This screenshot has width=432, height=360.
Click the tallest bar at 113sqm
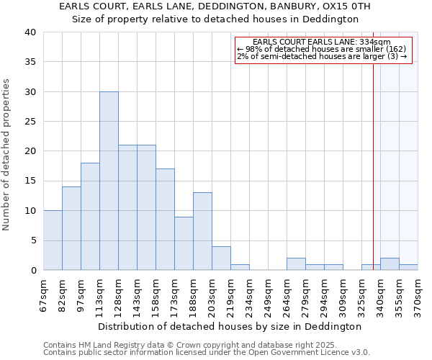109,181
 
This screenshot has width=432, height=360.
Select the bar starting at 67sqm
53,240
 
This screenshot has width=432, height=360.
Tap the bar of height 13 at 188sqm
202,231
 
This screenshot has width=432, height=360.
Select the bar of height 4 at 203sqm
221,258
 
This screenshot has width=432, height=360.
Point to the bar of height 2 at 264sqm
296,264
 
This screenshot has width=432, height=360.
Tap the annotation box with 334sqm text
323,50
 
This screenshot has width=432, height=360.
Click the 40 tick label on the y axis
30,32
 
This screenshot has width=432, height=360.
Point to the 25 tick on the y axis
30,122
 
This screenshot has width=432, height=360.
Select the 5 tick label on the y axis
32,240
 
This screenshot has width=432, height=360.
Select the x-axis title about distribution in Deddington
229,326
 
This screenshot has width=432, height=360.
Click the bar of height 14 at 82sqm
71,228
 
